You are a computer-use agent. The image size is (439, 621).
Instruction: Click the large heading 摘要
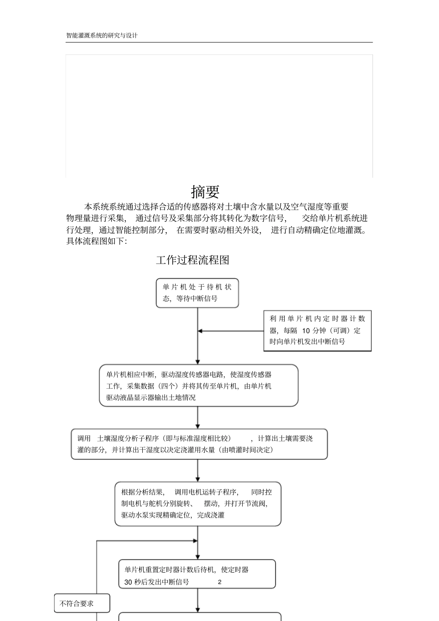205,192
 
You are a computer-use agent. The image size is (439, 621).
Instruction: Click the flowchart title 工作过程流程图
193,260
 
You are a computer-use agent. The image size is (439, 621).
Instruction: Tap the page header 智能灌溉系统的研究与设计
102,36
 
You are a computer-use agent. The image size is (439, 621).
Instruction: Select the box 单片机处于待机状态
197,293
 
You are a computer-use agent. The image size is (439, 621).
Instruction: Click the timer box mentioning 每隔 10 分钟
317,331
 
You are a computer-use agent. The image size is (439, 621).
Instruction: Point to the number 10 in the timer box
306,331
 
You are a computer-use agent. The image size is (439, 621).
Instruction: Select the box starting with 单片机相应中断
199,386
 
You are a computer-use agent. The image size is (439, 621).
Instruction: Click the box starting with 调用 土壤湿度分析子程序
199,444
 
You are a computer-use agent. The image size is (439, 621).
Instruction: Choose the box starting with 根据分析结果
198,504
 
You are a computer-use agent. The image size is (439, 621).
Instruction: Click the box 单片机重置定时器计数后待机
197,574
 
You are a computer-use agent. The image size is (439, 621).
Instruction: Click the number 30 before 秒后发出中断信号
128,582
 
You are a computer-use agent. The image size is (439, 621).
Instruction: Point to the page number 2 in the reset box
219,582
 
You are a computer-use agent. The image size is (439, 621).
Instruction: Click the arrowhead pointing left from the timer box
200,331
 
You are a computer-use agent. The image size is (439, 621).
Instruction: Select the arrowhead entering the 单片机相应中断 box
198,362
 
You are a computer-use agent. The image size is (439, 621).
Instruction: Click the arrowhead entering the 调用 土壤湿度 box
198,426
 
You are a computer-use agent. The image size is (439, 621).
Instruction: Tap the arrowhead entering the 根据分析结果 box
198,480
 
